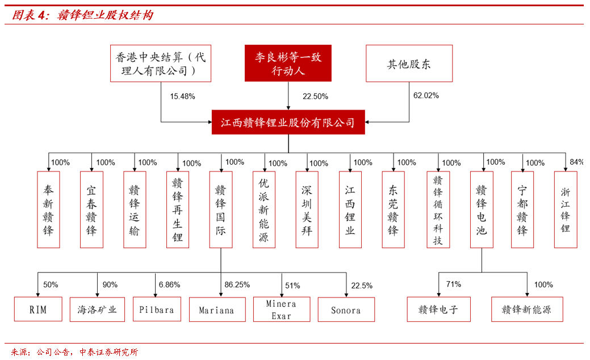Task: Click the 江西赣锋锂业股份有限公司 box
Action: (288, 122)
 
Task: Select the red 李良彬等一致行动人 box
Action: (288, 63)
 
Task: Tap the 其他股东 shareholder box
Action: (409, 63)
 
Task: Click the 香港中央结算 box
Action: (161, 63)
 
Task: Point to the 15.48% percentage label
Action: (182, 97)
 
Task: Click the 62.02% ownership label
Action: (426, 95)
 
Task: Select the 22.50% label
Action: (315, 97)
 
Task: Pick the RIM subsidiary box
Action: (38, 309)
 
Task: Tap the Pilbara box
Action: (157, 309)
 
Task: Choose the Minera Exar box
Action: (282, 309)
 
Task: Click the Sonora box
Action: (346, 309)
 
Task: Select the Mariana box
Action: (217, 309)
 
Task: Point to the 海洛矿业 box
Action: (97, 309)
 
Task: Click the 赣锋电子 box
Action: (439, 309)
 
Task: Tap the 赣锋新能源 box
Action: (527, 309)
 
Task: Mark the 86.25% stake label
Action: (237, 285)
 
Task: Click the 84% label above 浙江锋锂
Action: (576, 162)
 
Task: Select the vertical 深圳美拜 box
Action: (307, 210)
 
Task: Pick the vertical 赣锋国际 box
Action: (221, 210)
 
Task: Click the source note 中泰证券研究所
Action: (108, 352)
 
